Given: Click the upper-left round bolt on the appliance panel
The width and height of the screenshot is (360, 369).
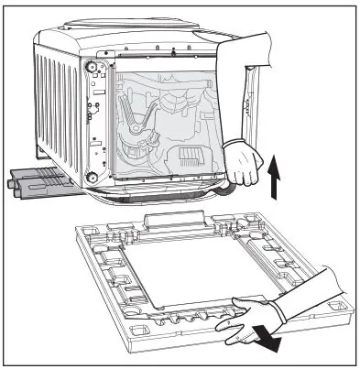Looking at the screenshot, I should pyautogui.click(x=92, y=68).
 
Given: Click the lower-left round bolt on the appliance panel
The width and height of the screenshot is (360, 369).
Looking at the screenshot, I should pyautogui.click(x=91, y=176).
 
